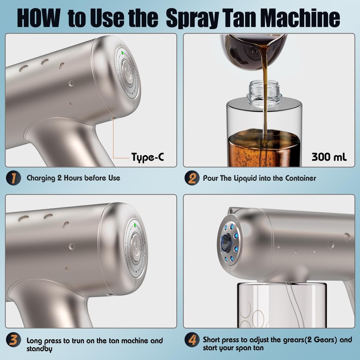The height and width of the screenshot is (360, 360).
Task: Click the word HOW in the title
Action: click(x=39, y=18)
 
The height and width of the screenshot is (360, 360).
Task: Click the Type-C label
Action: click(x=148, y=157)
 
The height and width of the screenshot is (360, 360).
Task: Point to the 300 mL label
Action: click(x=329, y=157)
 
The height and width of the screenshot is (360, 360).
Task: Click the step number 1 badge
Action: click(x=13, y=178)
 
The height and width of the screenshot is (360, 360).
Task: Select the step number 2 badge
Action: click(x=192, y=178)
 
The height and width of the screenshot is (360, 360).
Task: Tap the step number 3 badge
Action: click(x=13, y=340)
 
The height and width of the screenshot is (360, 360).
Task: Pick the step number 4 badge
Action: click(x=192, y=340)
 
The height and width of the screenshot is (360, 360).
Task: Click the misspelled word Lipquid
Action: click(x=245, y=178)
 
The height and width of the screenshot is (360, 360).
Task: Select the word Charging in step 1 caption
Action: click(x=41, y=178)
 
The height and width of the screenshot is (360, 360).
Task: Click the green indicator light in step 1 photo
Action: click(x=122, y=53)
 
